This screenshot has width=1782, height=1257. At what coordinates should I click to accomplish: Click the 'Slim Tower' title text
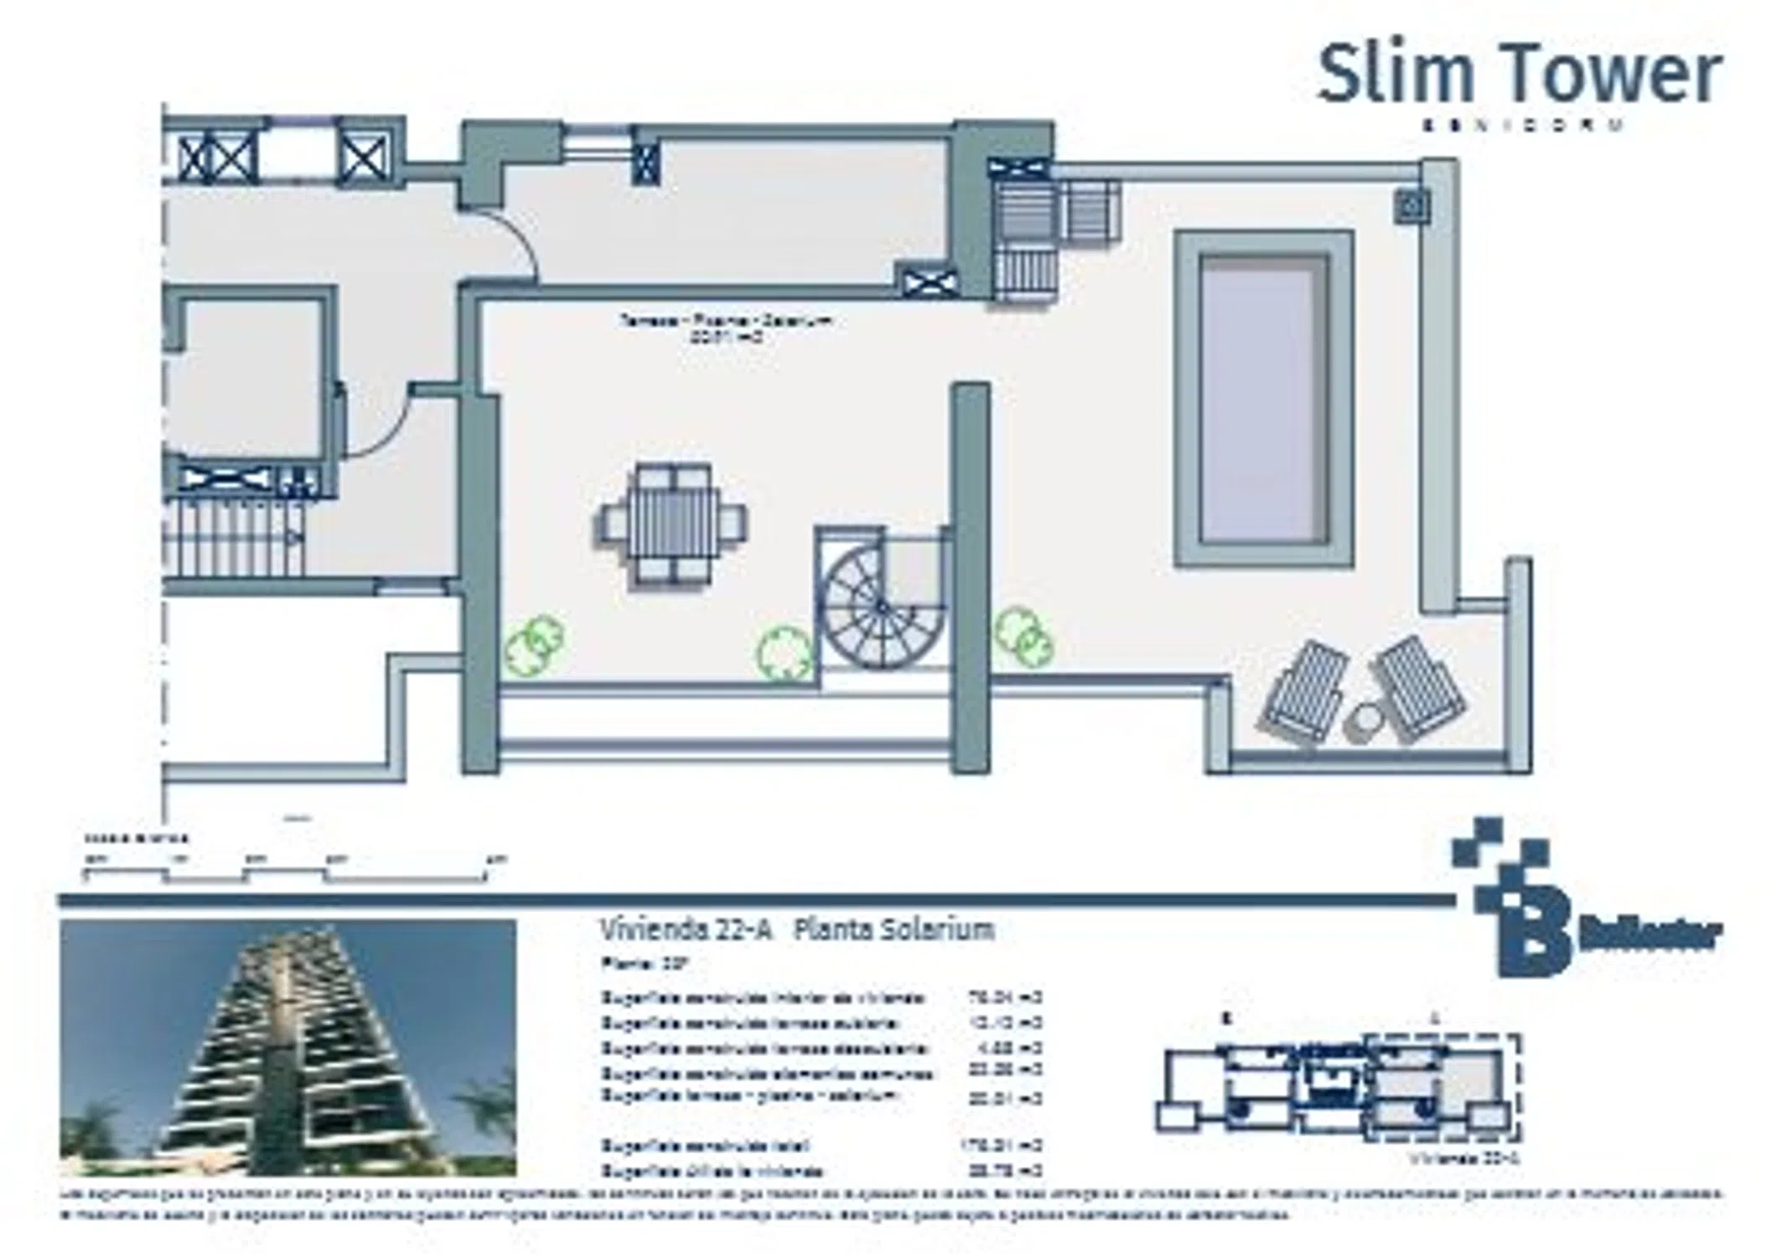1519,75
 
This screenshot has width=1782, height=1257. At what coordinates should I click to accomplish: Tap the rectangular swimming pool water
1263,400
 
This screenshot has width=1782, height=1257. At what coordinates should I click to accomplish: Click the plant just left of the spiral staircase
785,652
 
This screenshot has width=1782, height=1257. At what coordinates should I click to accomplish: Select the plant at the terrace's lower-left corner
534,644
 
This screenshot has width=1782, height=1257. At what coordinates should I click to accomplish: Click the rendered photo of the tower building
288,1047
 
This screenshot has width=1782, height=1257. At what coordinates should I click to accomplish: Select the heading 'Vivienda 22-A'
685,929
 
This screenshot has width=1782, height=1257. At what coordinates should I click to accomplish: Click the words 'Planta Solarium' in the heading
893,929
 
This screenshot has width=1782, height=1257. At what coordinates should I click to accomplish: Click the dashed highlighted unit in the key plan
1440,1088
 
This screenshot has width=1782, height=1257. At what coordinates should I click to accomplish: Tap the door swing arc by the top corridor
513,243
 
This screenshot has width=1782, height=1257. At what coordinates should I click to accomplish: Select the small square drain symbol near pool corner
1412,204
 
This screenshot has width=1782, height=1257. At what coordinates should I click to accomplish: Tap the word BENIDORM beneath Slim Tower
1524,125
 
